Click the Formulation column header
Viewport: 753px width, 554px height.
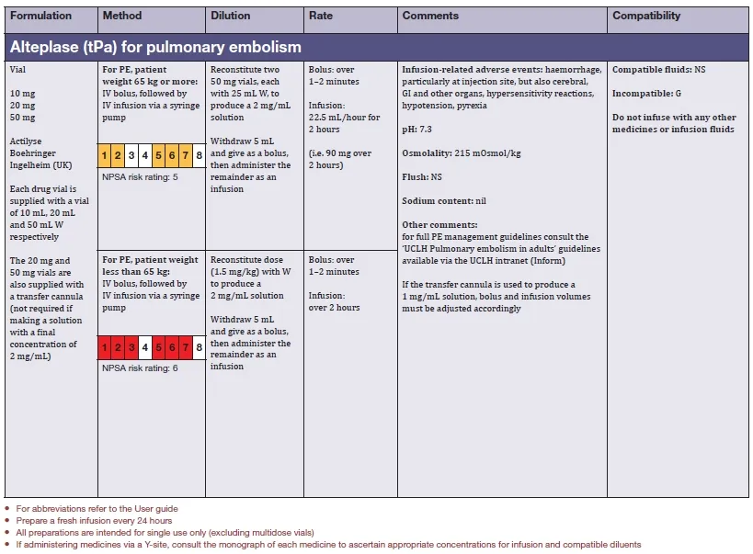[40, 16]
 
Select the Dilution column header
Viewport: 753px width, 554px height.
[230, 16]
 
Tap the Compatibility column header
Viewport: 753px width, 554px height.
[646, 16]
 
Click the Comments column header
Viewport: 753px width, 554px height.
[430, 16]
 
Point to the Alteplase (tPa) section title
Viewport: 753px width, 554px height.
[155, 46]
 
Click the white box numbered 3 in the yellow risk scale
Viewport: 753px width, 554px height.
[131, 154]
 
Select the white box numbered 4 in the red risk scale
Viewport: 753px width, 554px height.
[144, 348]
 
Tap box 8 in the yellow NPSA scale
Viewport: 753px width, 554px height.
[199, 154]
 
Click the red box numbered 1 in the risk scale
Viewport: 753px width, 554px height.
[105, 348]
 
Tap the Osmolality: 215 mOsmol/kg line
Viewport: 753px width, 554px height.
[462, 153]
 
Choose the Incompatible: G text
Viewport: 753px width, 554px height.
[646, 94]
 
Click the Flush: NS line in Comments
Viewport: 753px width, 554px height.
[422, 176]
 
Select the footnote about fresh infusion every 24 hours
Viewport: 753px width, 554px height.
[87, 520]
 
